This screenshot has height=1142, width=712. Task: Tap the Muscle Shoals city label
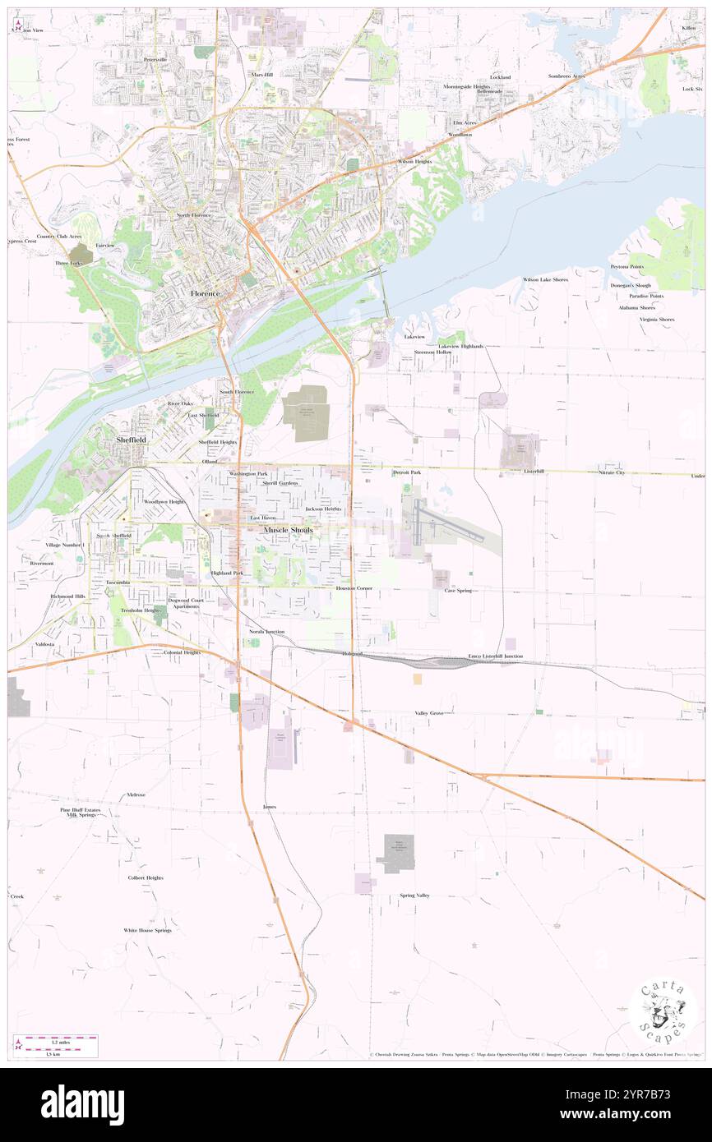pos(288,531)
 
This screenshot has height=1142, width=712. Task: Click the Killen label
pos(687,28)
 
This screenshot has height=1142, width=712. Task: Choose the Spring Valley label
pos(414,895)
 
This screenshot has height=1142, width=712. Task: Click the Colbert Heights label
pos(146,877)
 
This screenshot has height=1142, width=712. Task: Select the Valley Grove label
pos(429,713)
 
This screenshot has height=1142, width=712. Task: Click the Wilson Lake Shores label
pos(545,279)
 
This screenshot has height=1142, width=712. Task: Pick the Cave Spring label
pos(458,590)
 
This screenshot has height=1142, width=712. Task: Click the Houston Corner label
pos(354,588)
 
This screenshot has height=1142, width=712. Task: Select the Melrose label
pos(136,794)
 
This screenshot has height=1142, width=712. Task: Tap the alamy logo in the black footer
pos(82,1105)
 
